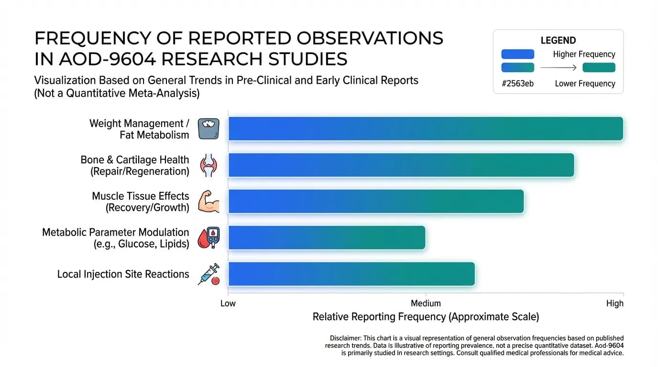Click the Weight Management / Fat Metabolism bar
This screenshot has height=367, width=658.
[x=426, y=129]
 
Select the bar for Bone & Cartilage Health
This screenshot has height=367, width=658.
[x=401, y=165]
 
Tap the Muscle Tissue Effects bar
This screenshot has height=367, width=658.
[x=376, y=201]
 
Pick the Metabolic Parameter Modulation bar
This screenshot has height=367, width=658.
[x=327, y=237]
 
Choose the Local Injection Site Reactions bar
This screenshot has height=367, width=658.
[x=351, y=274]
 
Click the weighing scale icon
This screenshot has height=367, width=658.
[x=208, y=129]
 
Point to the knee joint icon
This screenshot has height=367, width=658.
[x=208, y=165]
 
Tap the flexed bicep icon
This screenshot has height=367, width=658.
[x=208, y=201]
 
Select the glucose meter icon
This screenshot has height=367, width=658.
[x=209, y=237]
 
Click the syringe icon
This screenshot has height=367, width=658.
[x=209, y=274]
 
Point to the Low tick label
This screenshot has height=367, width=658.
[x=228, y=303]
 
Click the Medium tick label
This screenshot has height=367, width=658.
[x=426, y=303]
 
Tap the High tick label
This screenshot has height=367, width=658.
[x=615, y=303]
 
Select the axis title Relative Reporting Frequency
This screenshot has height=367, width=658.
[x=426, y=317]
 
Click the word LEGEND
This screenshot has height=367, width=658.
[x=558, y=40]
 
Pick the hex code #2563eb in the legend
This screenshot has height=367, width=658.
[x=517, y=84]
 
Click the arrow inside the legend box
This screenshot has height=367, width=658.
[x=559, y=68]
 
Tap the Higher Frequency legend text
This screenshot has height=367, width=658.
[x=584, y=54]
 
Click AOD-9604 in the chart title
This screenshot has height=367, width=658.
[x=107, y=59]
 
